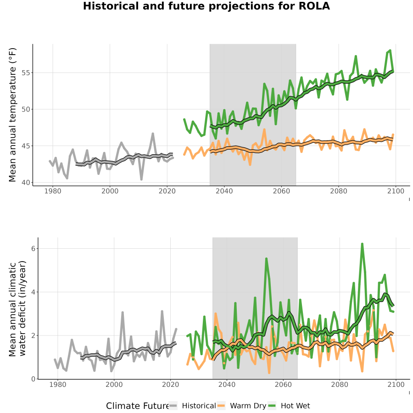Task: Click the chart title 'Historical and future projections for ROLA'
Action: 206,6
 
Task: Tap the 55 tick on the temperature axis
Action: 26,73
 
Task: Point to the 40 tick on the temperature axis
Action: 26,182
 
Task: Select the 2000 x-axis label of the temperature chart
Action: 110,191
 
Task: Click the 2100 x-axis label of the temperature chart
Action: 396,191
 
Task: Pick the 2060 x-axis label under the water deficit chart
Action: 283,385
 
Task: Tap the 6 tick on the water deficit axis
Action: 33,249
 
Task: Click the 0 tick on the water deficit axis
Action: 33,379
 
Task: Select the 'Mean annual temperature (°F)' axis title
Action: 12,115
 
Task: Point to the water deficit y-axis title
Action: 17,309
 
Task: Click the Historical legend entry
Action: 192,406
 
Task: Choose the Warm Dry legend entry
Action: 241,406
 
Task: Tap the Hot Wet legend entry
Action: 289,406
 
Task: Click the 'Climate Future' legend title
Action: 137,406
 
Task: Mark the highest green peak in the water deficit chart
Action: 362,244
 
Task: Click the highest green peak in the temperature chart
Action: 390,50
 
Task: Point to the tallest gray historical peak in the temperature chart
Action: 153,134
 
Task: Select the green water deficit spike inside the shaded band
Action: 266,259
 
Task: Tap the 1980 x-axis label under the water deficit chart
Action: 58,385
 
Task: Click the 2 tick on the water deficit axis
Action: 33,335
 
